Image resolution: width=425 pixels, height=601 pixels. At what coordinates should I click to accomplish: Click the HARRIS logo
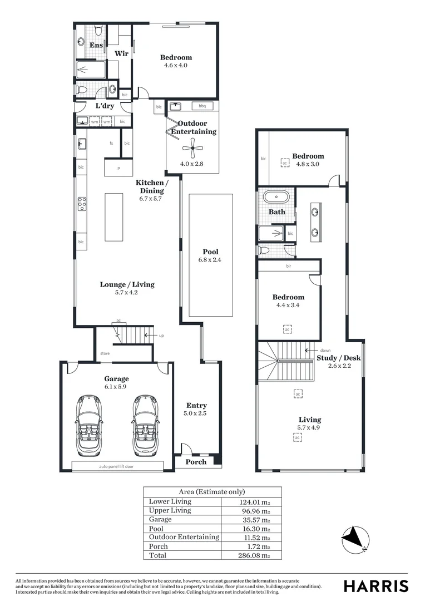coord(375,586)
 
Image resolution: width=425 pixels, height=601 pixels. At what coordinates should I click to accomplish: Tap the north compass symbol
coord(355,539)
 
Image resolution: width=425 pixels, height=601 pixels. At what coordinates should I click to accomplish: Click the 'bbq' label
coord(202,106)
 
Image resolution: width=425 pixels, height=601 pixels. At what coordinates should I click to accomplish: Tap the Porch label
coord(195,462)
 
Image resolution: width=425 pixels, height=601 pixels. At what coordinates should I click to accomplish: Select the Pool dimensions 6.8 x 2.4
coord(210,260)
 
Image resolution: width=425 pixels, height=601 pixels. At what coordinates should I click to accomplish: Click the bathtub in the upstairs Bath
coord(275,197)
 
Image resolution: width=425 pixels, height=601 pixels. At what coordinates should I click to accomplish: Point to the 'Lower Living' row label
coord(170,501)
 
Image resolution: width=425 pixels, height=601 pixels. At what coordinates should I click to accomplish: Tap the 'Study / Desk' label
coord(338,358)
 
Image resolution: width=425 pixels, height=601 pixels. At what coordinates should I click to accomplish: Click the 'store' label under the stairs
coord(105,353)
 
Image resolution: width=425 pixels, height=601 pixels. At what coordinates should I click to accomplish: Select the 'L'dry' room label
coord(105,106)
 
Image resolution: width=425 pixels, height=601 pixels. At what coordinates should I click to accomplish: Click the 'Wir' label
coord(121,53)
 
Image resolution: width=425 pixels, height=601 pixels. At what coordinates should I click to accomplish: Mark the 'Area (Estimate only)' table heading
coord(212,492)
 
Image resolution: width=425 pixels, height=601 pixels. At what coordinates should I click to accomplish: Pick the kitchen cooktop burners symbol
coord(82,204)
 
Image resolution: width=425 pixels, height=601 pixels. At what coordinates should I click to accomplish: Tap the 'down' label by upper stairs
coord(325,351)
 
